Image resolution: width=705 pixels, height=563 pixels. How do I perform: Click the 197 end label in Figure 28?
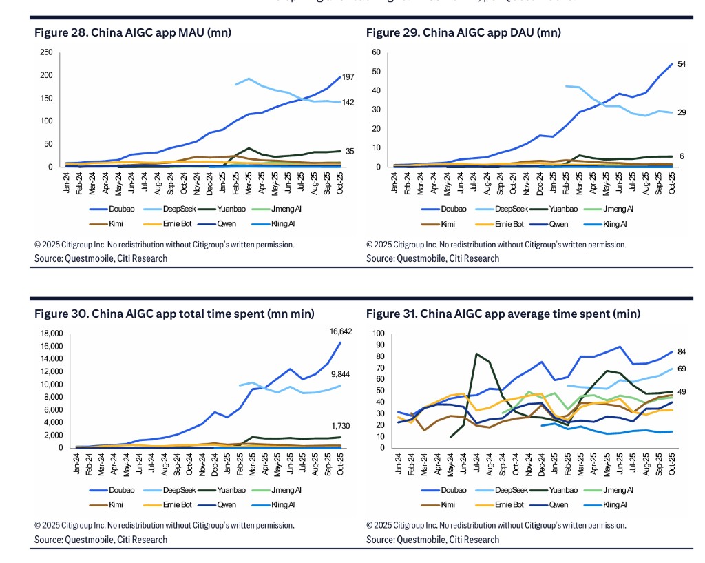[x=348, y=77]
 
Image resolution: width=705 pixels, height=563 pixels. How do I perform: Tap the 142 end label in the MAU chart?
[x=348, y=103]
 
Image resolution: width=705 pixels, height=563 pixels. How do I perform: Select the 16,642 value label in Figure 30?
[x=341, y=331]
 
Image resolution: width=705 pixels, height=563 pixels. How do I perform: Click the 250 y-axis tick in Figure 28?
[x=47, y=52]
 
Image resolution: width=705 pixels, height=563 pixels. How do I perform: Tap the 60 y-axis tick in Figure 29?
[x=376, y=52]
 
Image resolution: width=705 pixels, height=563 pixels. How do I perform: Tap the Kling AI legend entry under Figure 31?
[x=614, y=504]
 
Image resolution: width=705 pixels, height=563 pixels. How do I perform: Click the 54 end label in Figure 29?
[x=682, y=64]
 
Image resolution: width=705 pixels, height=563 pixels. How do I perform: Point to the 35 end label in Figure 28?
[x=349, y=151]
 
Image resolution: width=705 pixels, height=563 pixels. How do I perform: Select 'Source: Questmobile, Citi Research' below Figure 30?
[x=101, y=540]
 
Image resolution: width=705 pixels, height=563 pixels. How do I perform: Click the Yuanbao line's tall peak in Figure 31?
[x=476, y=354]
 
